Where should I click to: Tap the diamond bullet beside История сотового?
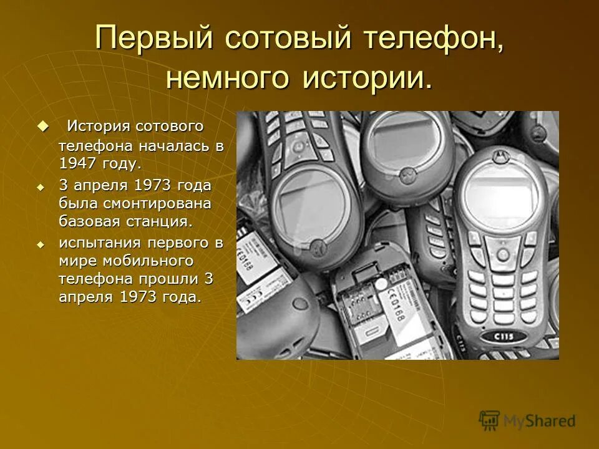click(42, 125)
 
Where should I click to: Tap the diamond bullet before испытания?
click(42, 243)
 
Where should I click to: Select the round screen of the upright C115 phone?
click(500, 198)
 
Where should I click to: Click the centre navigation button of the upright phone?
click(503, 254)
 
